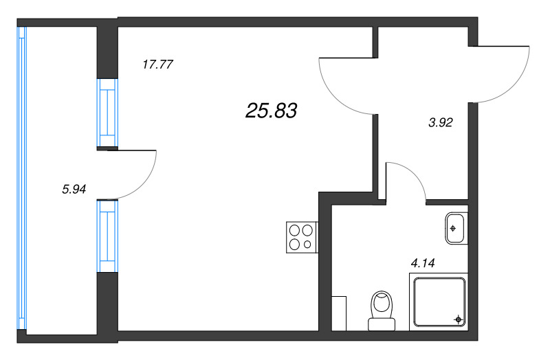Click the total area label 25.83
(x=271, y=110)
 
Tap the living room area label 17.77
(x=157, y=65)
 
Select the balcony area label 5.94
(x=74, y=191)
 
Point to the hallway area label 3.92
(x=440, y=123)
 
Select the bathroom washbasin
(x=455, y=228)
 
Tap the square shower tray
(x=439, y=301)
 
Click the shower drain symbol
(x=457, y=318)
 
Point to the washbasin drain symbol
(x=454, y=227)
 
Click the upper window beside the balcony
(x=107, y=113)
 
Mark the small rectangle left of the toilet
(x=338, y=313)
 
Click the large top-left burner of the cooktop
(x=295, y=232)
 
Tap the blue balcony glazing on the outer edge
(x=22, y=179)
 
